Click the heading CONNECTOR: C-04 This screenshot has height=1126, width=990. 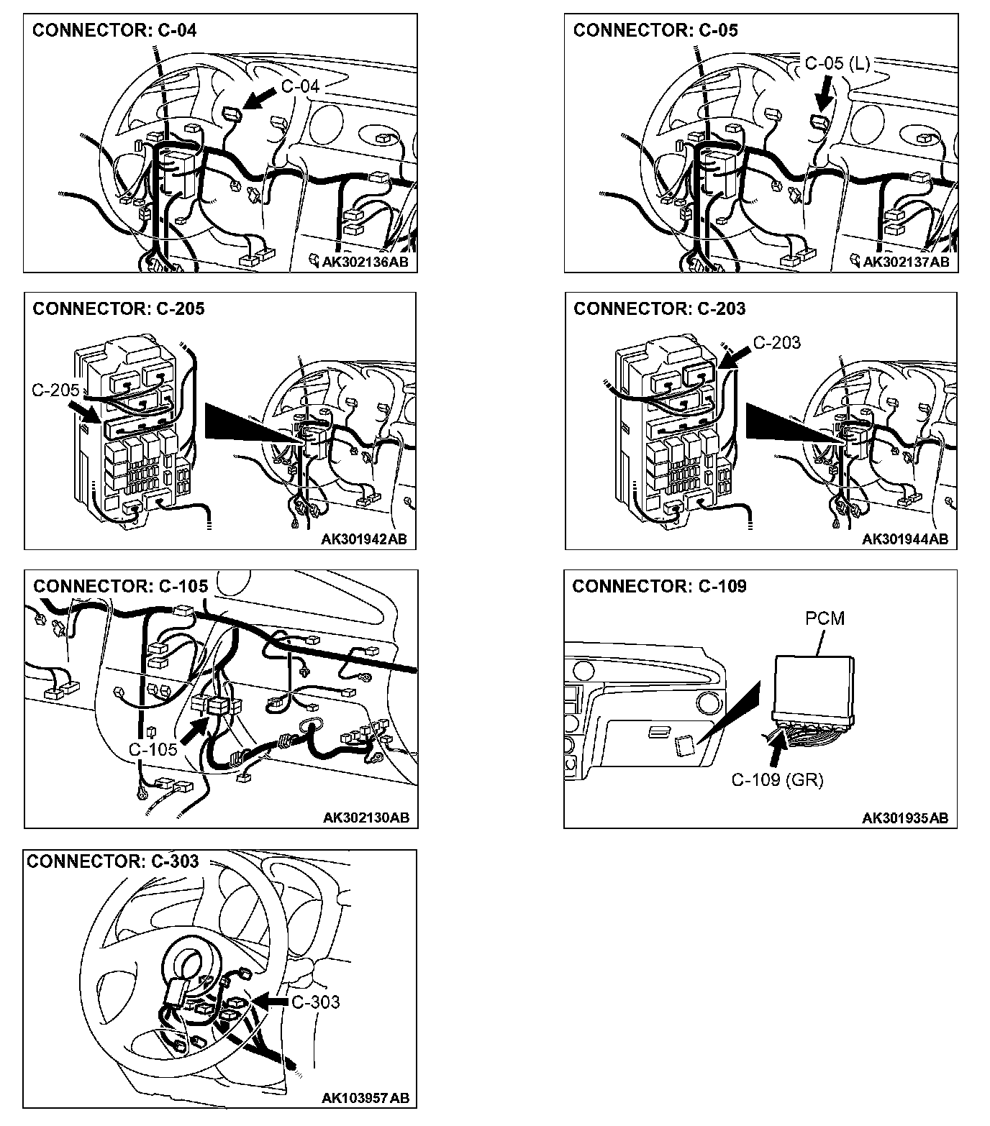(x=114, y=30)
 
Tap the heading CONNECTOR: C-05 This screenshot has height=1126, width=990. (x=655, y=30)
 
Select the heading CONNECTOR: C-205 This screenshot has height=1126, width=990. (x=119, y=309)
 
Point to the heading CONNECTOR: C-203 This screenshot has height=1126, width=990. (x=659, y=309)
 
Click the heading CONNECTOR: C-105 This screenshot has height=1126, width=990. (x=120, y=586)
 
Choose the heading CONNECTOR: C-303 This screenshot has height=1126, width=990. (x=112, y=861)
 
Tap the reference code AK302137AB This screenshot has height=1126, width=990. (x=905, y=262)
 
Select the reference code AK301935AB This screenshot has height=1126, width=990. (x=905, y=818)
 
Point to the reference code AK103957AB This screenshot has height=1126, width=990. (x=365, y=1098)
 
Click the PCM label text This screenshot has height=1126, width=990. (x=825, y=618)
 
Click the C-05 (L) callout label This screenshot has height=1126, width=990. (x=837, y=63)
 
